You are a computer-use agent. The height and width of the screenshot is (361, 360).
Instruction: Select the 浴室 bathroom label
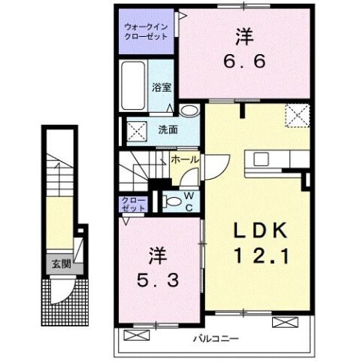(160, 86)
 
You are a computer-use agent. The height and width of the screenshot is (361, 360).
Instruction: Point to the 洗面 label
(168, 129)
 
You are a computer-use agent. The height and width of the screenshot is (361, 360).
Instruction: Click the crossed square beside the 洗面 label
(138, 130)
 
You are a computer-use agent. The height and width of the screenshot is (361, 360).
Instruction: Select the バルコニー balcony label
(214, 338)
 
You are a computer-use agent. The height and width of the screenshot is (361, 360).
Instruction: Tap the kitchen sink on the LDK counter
(263, 159)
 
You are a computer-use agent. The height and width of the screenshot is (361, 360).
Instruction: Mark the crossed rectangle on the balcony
(285, 322)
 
